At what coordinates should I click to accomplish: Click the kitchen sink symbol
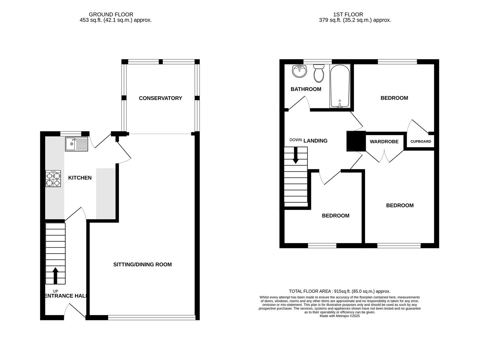pyautogui.click(x=76, y=144)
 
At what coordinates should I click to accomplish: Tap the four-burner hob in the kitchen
pyautogui.click(x=53, y=179)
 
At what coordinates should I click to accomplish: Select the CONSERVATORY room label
pyautogui.click(x=160, y=98)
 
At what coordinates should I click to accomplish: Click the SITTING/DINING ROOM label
pyautogui.click(x=142, y=265)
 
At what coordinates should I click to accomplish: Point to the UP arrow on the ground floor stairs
pyautogui.click(x=55, y=275)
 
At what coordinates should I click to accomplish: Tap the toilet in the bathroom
pyautogui.click(x=319, y=73)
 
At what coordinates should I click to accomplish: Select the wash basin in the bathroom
pyautogui.click(x=299, y=71)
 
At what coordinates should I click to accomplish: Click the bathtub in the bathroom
pyautogui.click(x=340, y=86)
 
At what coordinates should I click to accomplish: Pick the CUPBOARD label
pyautogui.click(x=420, y=142)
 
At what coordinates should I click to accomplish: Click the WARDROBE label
pyautogui.click(x=384, y=142)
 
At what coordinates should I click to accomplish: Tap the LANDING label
pyautogui.click(x=315, y=141)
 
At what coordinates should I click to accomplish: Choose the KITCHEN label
pyautogui.click(x=80, y=178)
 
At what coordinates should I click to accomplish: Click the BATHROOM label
pyautogui.click(x=306, y=89)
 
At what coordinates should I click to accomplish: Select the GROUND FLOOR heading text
pyautogui.click(x=111, y=14)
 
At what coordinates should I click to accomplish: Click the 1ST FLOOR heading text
pyautogui.click(x=348, y=14)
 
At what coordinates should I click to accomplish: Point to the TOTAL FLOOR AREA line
pyautogui.click(x=339, y=291)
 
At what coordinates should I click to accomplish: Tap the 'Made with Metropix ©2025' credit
pyautogui.click(x=339, y=316)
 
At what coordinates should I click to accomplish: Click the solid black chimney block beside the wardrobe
pyautogui.click(x=356, y=141)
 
